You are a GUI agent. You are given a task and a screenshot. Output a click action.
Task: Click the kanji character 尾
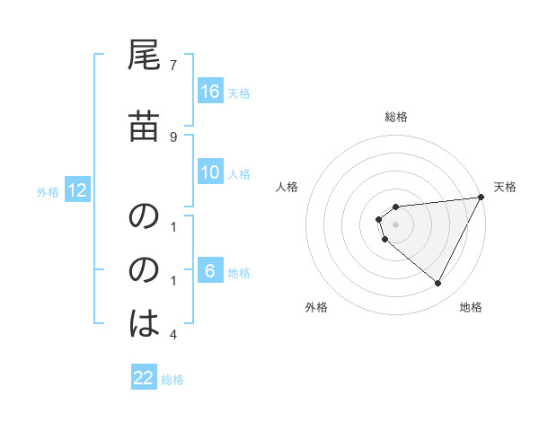click(x=145, y=57)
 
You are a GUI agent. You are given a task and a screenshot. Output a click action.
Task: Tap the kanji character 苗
click(x=145, y=128)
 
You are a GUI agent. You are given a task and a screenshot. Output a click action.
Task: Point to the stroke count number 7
click(x=173, y=66)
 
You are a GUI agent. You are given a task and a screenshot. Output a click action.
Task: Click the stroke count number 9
click(x=173, y=137)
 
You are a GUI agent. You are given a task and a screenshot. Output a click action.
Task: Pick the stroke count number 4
click(x=173, y=335)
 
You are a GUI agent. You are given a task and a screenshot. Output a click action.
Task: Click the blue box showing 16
click(x=210, y=92)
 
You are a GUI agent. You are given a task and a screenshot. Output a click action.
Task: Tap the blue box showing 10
click(x=210, y=172)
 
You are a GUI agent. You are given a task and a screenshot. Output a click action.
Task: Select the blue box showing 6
click(x=210, y=271)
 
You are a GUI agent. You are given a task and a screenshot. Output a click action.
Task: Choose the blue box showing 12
click(x=77, y=190)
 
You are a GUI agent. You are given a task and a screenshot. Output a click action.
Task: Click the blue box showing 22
click(x=144, y=378)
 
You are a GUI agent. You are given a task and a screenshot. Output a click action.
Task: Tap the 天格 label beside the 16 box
click(x=239, y=92)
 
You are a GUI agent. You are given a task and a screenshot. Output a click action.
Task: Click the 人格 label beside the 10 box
click(x=239, y=173)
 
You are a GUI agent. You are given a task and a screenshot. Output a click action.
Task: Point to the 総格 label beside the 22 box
click(x=172, y=379)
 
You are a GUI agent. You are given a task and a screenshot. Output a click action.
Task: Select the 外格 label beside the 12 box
click(x=48, y=191)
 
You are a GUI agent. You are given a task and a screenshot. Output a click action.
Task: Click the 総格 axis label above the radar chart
click(x=396, y=117)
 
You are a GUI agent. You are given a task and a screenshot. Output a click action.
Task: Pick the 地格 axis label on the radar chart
click(x=471, y=307)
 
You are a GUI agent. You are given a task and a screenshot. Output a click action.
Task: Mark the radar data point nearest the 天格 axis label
click(x=482, y=198)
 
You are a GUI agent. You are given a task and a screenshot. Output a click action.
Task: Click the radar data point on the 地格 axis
click(x=437, y=283)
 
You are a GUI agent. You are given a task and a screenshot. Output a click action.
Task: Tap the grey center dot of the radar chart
click(x=396, y=224)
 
